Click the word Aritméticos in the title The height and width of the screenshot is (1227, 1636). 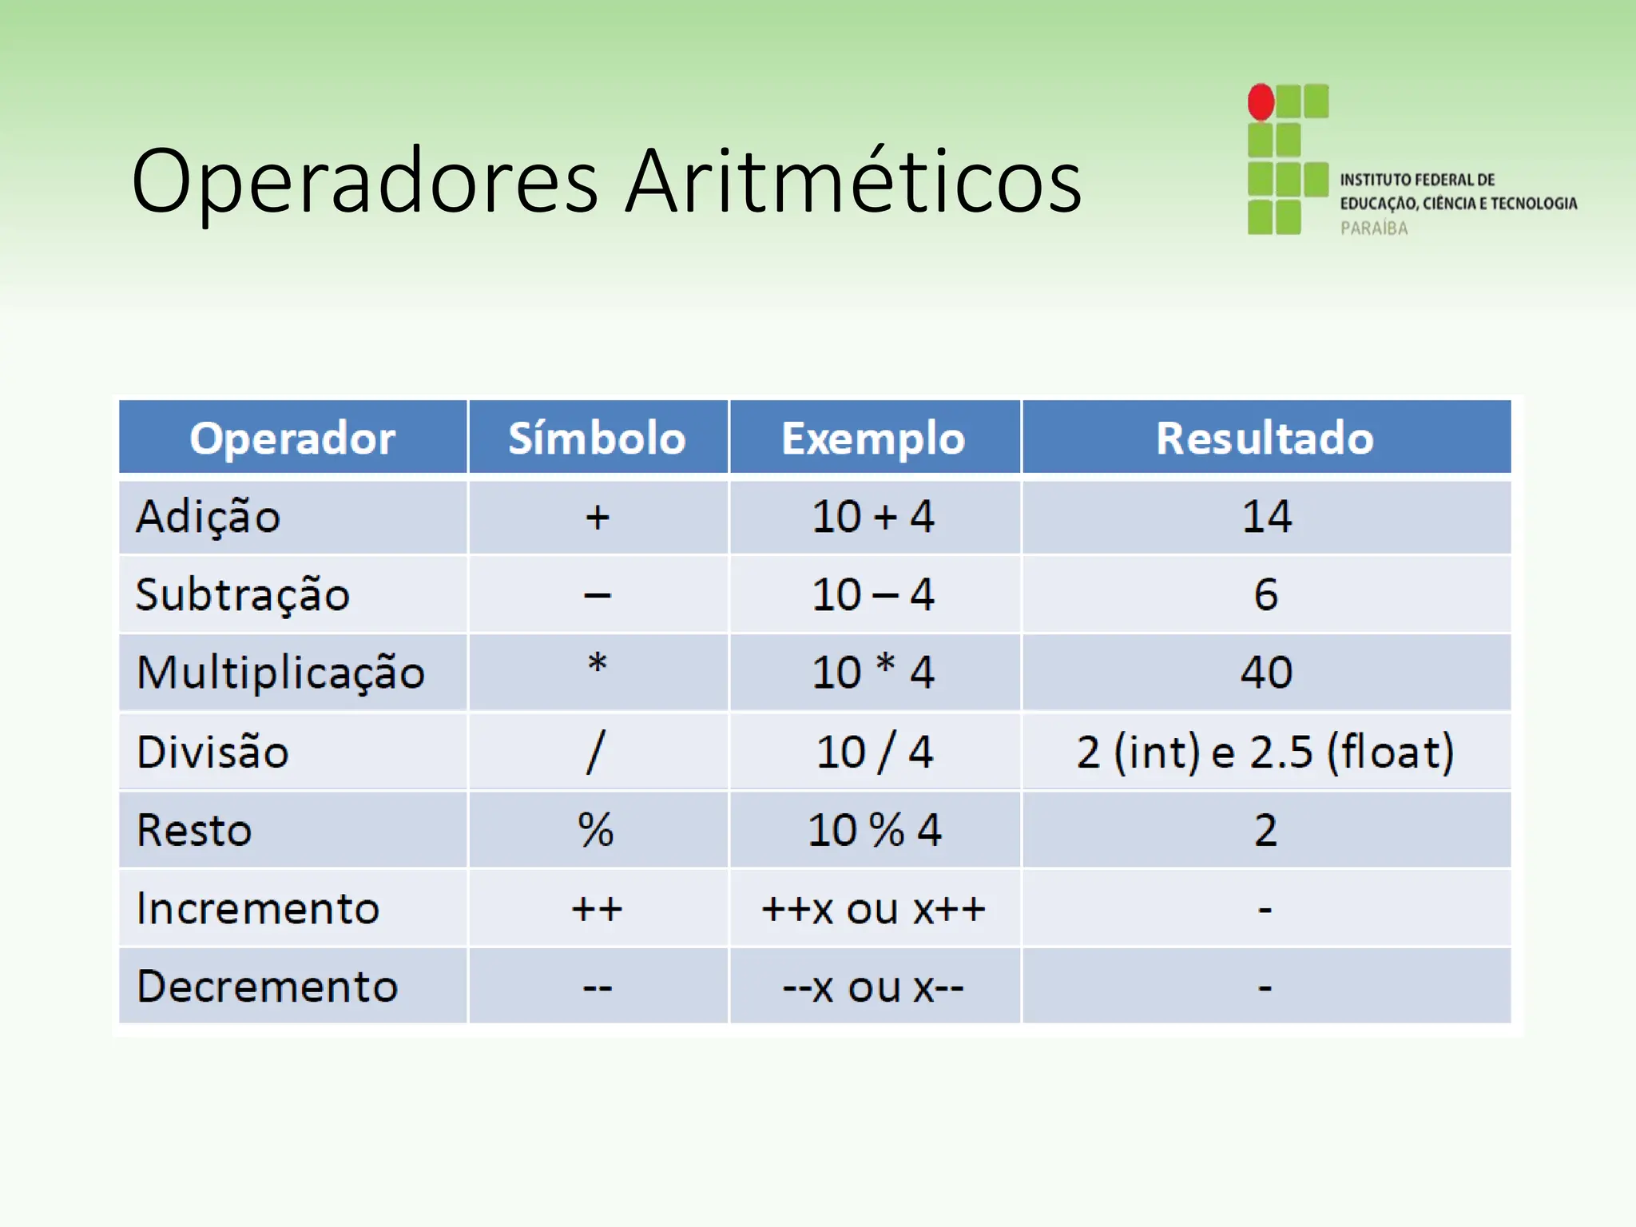[x=852, y=181]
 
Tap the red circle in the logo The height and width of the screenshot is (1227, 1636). [x=1261, y=102]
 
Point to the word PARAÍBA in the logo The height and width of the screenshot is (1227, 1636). [x=1374, y=228]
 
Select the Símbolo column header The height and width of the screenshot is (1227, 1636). [x=597, y=438]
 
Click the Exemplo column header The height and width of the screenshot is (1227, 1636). [x=873, y=438]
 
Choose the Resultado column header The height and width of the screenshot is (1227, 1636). [x=1265, y=438]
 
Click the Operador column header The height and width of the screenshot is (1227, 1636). [x=292, y=438]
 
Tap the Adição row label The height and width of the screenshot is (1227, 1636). [x=208, y=516]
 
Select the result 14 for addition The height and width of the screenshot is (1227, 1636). [x=1266, y=516]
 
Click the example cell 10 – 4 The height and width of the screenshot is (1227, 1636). [x=873, y=594]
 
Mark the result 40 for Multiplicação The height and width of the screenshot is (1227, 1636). [x=1266, y=672]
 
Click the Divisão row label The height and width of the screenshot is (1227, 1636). [x=212, y=752]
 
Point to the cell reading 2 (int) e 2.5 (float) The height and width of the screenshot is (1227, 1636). [x=1265, y=752]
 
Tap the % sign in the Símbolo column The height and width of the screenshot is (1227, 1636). [x=596, y=829]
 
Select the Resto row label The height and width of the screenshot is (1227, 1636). [x=194, y=829]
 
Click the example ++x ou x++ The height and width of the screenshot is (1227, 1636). [x=873, y=908]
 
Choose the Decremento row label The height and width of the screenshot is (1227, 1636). [x=267, y=986]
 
